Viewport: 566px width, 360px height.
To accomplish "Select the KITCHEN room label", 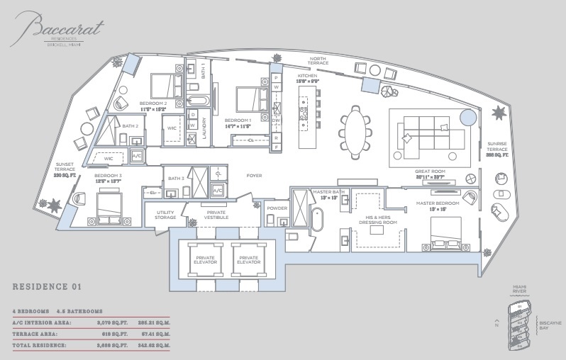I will tap(306, 75).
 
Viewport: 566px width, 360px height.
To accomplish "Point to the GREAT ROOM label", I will tap(430, 172).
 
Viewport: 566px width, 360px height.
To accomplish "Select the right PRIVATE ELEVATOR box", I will tap(249, 259).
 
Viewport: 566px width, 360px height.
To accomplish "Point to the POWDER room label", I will tap(276, 208).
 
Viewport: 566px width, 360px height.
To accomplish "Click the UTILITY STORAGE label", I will tap(165, 215).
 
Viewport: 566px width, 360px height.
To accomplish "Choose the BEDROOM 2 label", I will tap(152, 103).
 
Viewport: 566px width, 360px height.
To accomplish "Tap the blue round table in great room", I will tap(467, 118).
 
